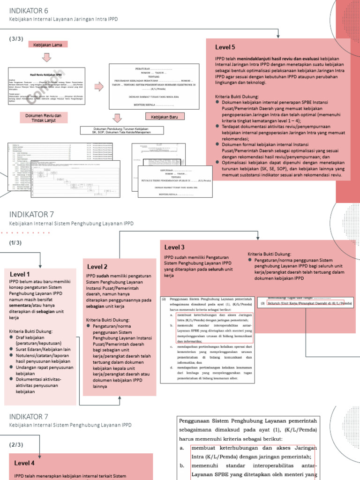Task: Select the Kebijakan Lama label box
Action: pos(48,45)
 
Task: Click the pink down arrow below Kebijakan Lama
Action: pos(47,57)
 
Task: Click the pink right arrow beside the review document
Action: pos(99,87)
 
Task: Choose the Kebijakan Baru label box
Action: pos(165,116)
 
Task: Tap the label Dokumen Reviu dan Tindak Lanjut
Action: pos(47,117)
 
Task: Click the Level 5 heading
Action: pos(225,47)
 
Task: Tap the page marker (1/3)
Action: pos(15,242)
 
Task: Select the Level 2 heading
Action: pos(97,267)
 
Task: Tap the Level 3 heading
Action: pos(174,247)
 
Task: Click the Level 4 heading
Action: pos(24,463)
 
